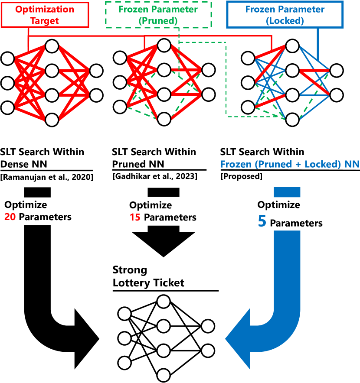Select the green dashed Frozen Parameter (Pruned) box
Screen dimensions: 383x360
[x=158, y=14]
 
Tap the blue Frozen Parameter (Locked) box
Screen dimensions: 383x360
[x=285, y=14]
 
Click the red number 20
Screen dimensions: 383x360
[x=10, y=217]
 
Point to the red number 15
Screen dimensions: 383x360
[x=135, y=217]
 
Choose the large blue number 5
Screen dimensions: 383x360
[x=262, y=221]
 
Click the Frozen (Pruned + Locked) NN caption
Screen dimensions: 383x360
[x=290, y=165]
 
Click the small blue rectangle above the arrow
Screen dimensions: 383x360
[x=287, y=192]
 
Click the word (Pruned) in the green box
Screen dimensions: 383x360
[x=158, y=20]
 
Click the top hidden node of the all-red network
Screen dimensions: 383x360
[x=52, y=45]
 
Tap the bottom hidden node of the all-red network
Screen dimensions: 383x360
[x=52, y=119]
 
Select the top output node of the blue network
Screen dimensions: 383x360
[x=336, y=70]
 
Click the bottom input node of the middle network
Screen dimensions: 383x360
[x=120, y=107]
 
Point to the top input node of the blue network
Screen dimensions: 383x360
[x=248, y=58]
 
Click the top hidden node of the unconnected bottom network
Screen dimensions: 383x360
[x=164, y=302]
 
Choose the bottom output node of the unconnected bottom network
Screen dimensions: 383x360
[x=208, y=351]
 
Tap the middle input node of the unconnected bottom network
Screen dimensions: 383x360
[x=124, y=338]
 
